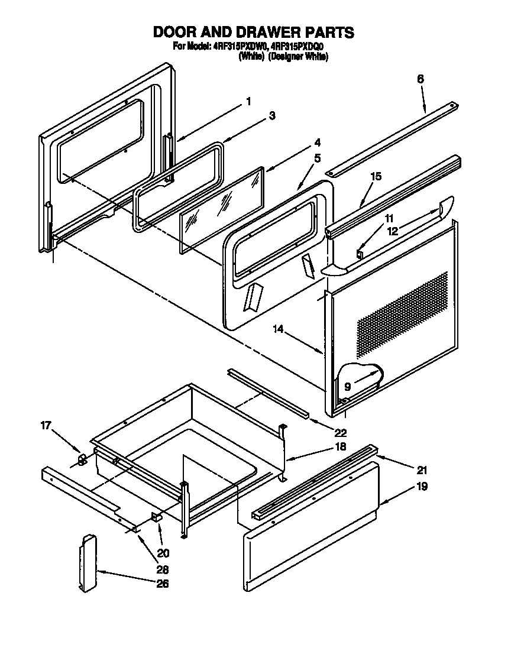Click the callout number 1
pyautogui.click(x=248, y=102)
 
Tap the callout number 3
pyautogui.click(x=271, y=116)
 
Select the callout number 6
pyautogui.click(x=421, y=79)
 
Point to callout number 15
pyautogui.click(x=376, y=176)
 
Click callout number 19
pyautogui.click(x=422, y=487)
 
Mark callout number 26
pyautogui.click(x=162, y=584)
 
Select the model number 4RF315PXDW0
pyautogui.click(x=239, y=47)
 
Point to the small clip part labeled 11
pyautogui.click(x=359, y=254)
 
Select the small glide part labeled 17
pyautogui.click(x=82, y=459)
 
